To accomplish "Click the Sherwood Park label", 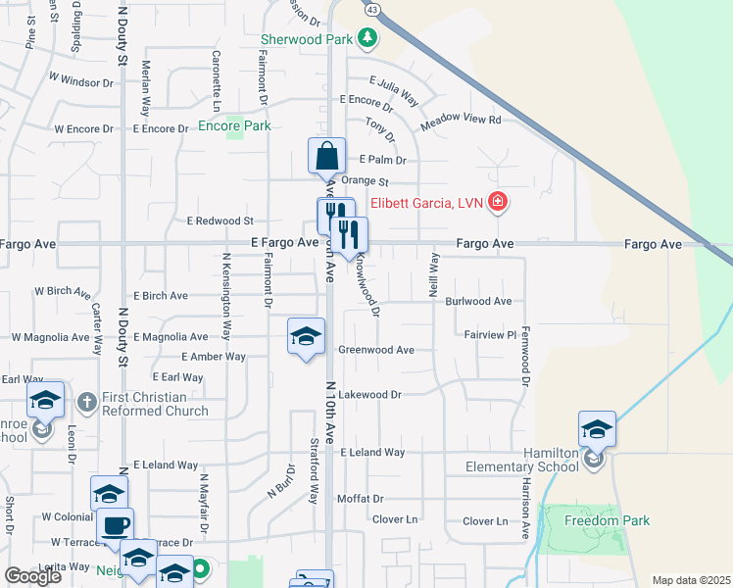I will (x=306, y=40).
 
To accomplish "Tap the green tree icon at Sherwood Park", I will (x=367, y=39).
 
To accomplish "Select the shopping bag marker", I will (x=326, y=156).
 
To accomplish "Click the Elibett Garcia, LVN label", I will (x=428, y=204).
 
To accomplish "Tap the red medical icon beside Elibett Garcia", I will (x=499, y=203).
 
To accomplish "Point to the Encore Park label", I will (x=234, y=125).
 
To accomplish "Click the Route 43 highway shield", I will (x=371, y=8).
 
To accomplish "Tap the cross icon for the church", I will (x=86, y=401).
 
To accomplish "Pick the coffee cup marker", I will (x=115, y=525).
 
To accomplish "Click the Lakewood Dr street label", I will (x=370, y=395).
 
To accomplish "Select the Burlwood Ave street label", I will (x=479, y=302).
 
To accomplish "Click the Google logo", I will (x=33, y=576).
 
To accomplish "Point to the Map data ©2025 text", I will (x=691, y=580).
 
